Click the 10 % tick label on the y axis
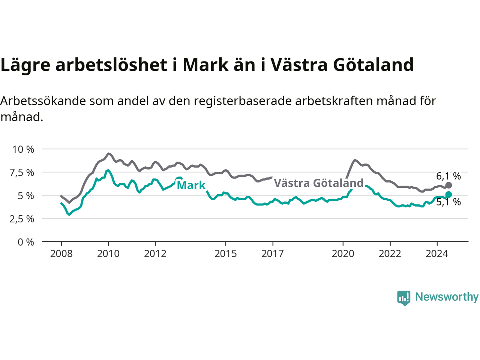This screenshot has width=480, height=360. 23,150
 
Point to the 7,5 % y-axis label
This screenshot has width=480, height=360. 22,173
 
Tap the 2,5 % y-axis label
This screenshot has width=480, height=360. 22,219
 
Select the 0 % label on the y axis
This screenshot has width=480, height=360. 26,242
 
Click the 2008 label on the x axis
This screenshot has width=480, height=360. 61,254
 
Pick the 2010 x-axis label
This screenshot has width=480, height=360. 108,254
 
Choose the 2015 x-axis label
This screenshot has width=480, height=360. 226,254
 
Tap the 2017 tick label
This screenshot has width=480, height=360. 273,254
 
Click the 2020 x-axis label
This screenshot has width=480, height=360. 343,254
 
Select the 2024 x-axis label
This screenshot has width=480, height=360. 437,254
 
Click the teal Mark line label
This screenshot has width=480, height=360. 191,185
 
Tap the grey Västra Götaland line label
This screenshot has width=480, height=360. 319,183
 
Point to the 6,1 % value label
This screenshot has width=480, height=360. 448,176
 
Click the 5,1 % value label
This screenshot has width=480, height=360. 448,202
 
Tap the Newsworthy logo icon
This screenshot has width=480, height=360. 403,298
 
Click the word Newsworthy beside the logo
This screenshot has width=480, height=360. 447,297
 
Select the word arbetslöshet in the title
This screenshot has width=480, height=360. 111,65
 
